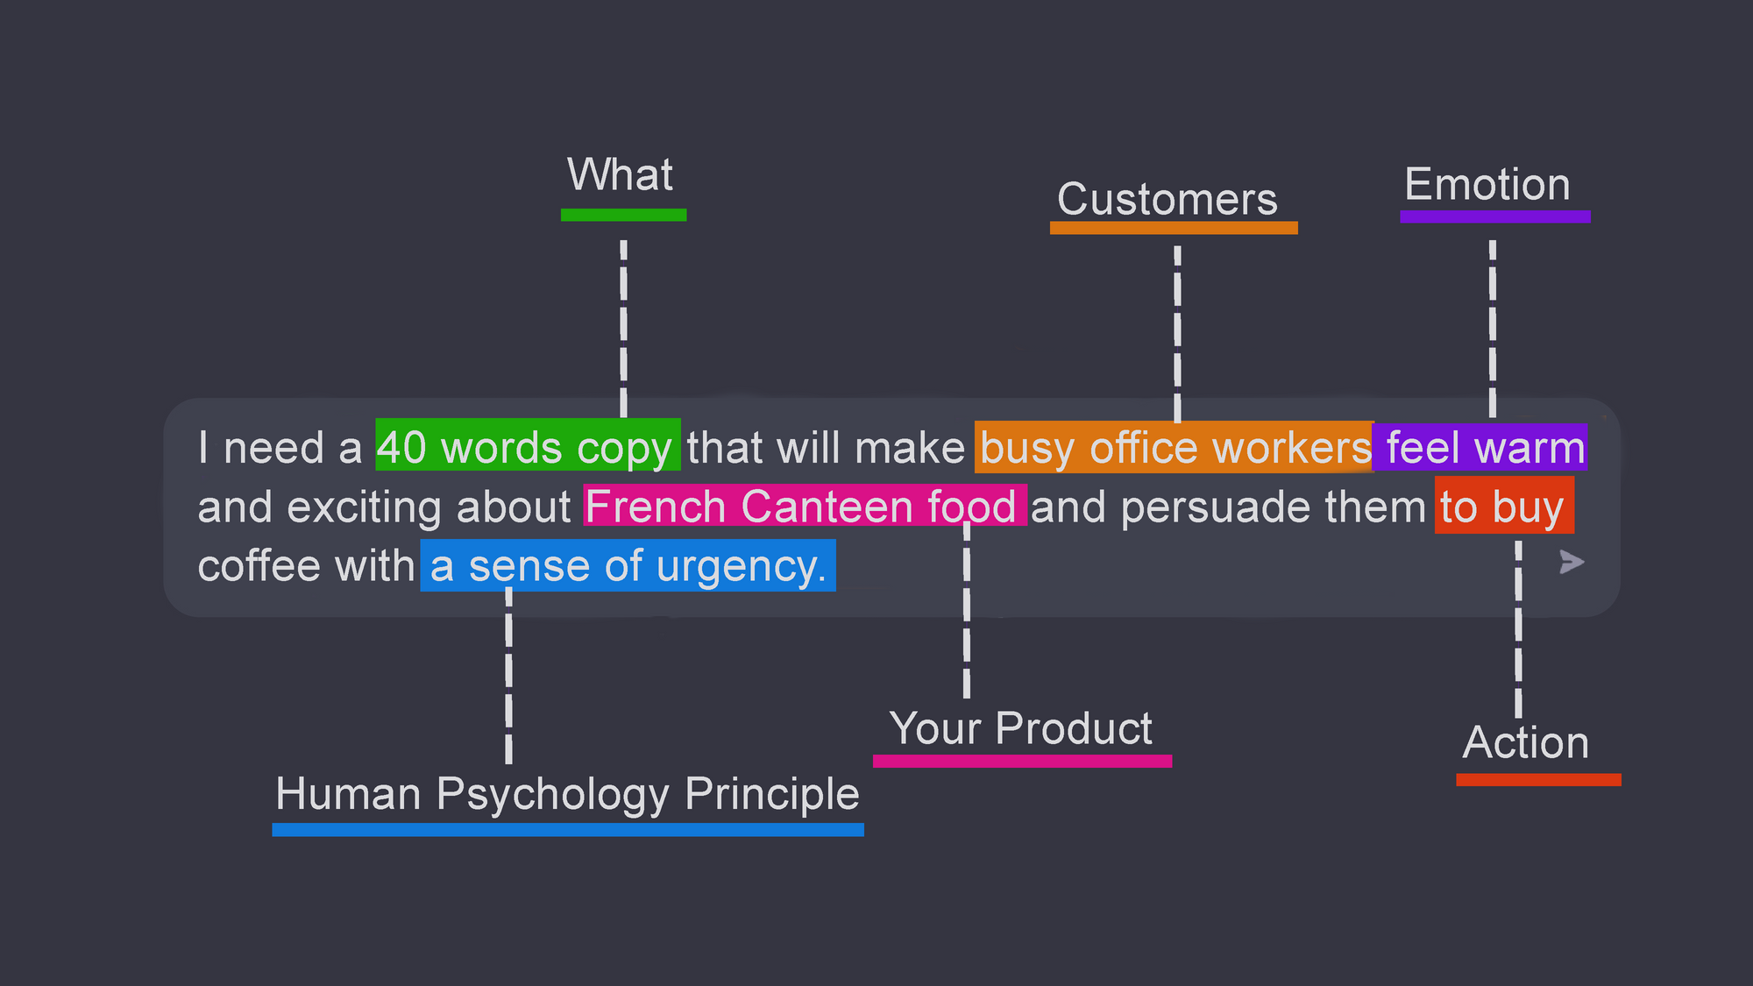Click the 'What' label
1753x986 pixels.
pyautogui.click(x=620, y=174)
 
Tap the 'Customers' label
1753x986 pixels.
pyautogui.click(x=1167, y=199)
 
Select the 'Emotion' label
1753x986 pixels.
pyautogui.click(x=1487, y=184)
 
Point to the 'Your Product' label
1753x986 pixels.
pyautogui.click(x=1020, y=728)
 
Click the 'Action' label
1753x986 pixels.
pyautogui.click(x=1526, y=742)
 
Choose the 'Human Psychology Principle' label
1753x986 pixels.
pyautogui.click(x=567, y=795)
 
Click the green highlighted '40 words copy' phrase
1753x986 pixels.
pyautogui.click(x=528, y=445)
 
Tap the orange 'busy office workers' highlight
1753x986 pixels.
pyautogui.click(x=1175, y=448)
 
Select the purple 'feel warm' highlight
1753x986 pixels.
pyautogui.click(x=1480, y=447)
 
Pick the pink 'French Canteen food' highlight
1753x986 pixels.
pyautogui.click(x=805, y=505)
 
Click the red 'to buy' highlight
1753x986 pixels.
pyautogui.click(x=1504, y=506)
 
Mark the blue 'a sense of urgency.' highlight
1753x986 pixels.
pyautogui.click(x=628, y=566)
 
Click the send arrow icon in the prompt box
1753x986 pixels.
pyautogui.click(x=1572, y=562)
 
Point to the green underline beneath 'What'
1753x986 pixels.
pyautogui.click(x=623, y=215)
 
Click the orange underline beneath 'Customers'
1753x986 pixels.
pyautogui.click(x=1174, y=228)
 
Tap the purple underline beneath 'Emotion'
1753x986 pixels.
pyautogui.click(x=1494, y=216)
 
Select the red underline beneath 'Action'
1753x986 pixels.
pyautogui.click(x=1538, y=780)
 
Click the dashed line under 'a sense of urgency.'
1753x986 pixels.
pyautogui.click(x=508, y=677)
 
